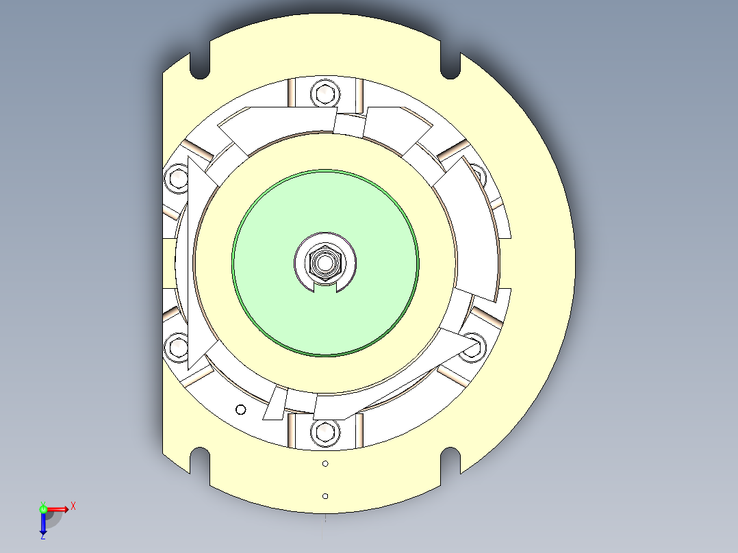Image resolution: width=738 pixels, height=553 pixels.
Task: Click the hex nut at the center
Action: click(x=325, y=261)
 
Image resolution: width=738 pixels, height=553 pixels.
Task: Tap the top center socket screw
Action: click(x=325, y=92)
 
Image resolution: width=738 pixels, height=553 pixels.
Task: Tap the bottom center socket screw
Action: click(x=325, y=432)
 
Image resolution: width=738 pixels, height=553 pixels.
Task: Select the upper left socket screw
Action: click(x=178, y=179)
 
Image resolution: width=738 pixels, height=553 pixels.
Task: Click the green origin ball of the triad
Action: click(x=43, y=509)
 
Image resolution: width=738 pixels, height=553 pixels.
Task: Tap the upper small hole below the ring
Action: click(x=325, y=464)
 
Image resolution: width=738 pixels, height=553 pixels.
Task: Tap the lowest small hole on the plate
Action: click(x=325, y=496)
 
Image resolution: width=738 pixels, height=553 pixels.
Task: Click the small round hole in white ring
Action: click(x=240, y=410)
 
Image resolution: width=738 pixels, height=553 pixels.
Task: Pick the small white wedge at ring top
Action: click(x=348, y=125)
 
